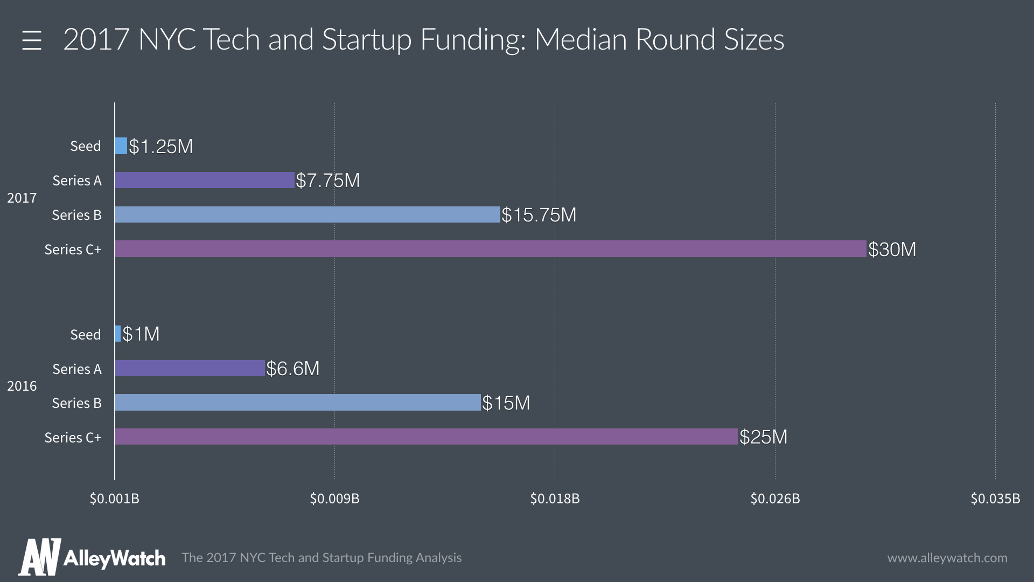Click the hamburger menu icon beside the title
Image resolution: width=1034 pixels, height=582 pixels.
pos(32,40)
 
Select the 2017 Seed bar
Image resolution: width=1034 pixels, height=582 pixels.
pos(121,146)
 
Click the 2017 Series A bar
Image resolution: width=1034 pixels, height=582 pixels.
pos(205,181)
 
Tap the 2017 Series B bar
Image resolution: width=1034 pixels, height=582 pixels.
pos(307,214)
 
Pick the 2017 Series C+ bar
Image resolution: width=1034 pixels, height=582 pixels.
pos(490,249)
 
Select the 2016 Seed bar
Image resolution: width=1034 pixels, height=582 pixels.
pos(118,334)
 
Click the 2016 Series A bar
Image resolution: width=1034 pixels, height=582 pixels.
pos(190,369)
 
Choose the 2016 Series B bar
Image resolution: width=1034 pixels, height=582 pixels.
pos(297,403)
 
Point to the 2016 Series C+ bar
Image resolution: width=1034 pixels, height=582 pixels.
pos(425,437)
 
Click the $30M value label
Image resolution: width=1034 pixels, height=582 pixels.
pos(892,250)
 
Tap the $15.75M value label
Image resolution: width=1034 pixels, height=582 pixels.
pos(539,215)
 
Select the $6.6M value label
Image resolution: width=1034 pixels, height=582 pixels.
pos(293,369)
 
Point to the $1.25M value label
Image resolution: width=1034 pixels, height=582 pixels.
pos(160,147)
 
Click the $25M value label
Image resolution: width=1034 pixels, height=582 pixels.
pos(763,437)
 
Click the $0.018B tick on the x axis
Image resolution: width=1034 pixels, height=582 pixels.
pos(555,498)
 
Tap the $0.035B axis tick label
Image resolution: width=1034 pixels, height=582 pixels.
pos(995,498)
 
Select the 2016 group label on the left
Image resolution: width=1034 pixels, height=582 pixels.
pos(22,386)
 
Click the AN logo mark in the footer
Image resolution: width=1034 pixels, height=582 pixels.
pos(39,557)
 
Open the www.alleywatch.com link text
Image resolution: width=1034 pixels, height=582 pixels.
pos(947,558)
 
